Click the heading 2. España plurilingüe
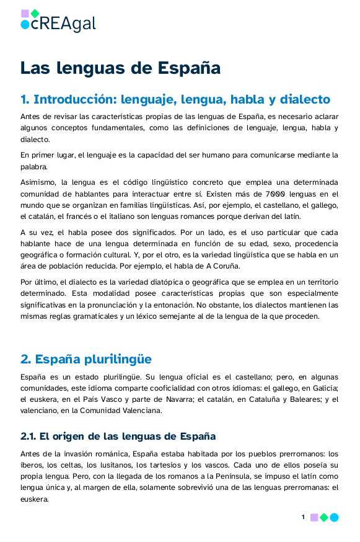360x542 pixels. click(86, 359)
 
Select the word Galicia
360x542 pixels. click(323, 388)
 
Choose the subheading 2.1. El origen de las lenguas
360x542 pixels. click(118, 436)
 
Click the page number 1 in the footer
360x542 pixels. click(303, 517)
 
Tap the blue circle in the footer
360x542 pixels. click(334, 517)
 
